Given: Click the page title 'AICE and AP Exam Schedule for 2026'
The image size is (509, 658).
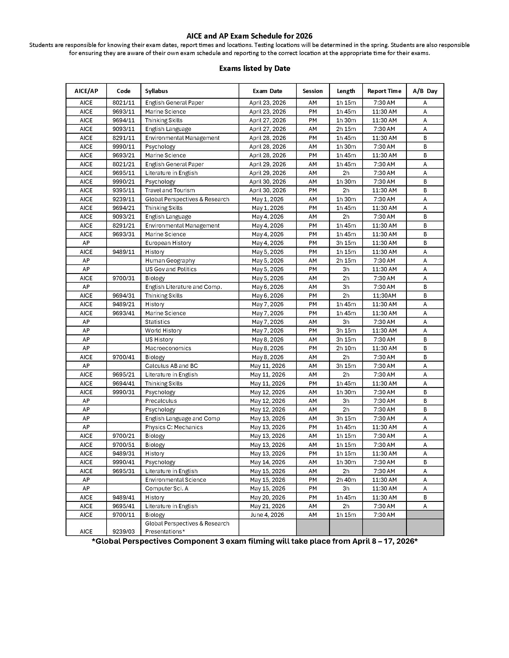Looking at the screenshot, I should tap(249, 36).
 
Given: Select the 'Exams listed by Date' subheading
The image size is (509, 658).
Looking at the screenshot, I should tap(255, 68).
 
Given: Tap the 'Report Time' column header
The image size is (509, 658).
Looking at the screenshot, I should tap(384, 91).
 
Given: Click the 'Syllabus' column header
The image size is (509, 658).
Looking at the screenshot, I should tap(156, 91).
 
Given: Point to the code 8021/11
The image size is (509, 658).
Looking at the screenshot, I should tap(123, 103).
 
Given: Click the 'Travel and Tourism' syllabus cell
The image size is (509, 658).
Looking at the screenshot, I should tap(170, 191).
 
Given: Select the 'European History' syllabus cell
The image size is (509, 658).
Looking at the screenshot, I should tap(168, 243).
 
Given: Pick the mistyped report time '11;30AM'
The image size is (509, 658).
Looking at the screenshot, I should tap(384, 296).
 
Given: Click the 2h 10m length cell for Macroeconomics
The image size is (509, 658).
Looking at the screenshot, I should tap(346, 348).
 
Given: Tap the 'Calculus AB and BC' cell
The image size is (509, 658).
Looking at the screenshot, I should tap(171, 366).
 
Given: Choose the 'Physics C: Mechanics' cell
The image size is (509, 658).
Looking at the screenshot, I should tap(174, 427).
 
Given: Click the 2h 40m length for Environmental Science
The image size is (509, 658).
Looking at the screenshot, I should tap(346, 480).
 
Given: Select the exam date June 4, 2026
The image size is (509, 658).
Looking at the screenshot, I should tap(267, 515).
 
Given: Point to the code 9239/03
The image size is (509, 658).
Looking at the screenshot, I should tap(123, 532).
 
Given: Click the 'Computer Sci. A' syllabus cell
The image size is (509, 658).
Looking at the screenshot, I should tap(166, 488).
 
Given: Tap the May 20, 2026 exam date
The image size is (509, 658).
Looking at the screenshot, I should tap(267, 497).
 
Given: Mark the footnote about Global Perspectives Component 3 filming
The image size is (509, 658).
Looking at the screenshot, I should tap(255, 541).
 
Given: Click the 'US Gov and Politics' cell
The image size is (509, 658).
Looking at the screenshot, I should tap(171, 269).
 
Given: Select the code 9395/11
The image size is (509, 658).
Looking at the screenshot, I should tap(123, 191).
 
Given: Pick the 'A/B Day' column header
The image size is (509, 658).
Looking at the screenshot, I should tap(425, 91).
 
